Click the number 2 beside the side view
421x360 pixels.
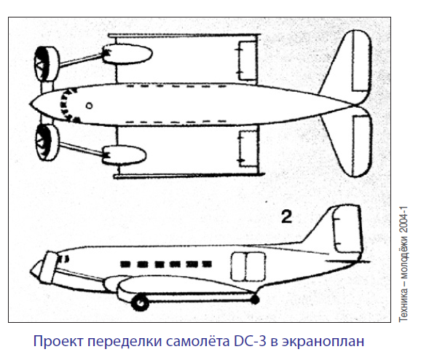pyautogui.click(x=286, y=217)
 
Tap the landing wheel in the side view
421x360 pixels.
pyautogui.click(x=140, y=302)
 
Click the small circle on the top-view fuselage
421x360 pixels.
pyautogui.click(x=89, y=106)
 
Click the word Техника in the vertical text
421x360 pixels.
pyautogui.click(x=404, y=304)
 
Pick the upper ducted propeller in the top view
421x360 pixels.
pyautogui.click(x=47, y=64)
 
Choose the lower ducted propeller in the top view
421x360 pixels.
pyautogui.click(x=47, y=142)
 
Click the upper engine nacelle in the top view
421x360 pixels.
pyautogui.click(x=127, y=54)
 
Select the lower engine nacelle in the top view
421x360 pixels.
pyautogui.click(x=124, y=155)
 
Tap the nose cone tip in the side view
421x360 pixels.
pyautogui.click(x=31, y=271)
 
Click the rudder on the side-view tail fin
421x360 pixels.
pyautogui.click(x=347, y=230)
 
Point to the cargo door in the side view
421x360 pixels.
pyautogui.click(x=248, y=267)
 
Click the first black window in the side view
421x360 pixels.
pyautogui.click(x=125, y=264)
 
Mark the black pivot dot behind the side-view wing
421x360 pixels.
pyautogui.click(x=254, y=299)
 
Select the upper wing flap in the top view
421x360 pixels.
pyautogui.click(x=248, y=61)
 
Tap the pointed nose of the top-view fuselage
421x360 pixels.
pyautogui.click(x=30, y=104)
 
